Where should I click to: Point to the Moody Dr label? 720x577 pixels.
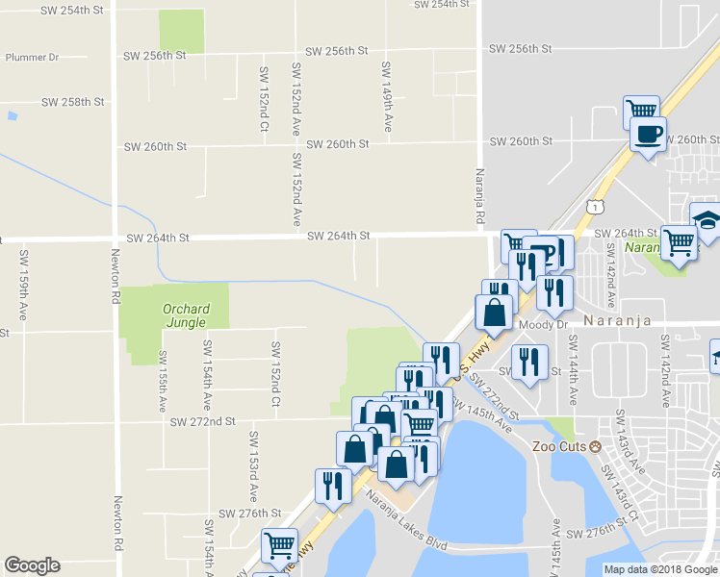click(543, 325)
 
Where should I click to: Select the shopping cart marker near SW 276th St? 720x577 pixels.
click(279, 545)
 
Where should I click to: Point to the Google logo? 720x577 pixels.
click(32, 565)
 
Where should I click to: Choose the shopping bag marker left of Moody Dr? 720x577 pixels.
click(494, 312)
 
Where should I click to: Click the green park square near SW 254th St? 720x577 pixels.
click(181, 32)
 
